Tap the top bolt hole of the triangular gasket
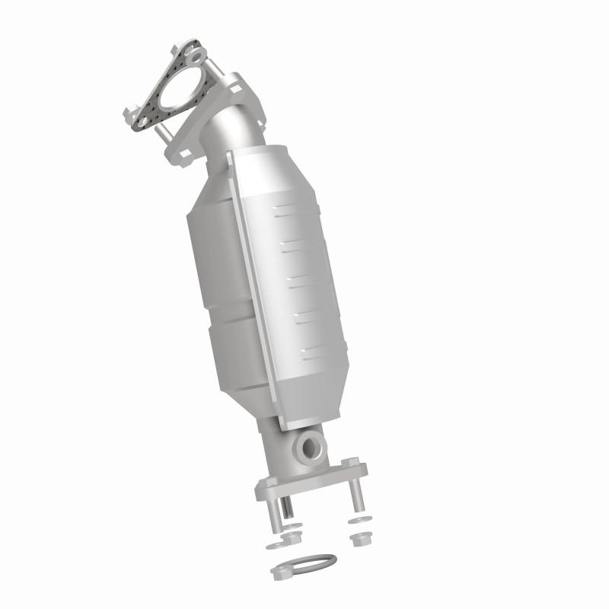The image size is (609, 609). [197, 56]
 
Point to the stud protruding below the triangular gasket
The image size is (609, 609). [162, 134]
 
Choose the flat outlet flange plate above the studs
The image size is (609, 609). [312, 480]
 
